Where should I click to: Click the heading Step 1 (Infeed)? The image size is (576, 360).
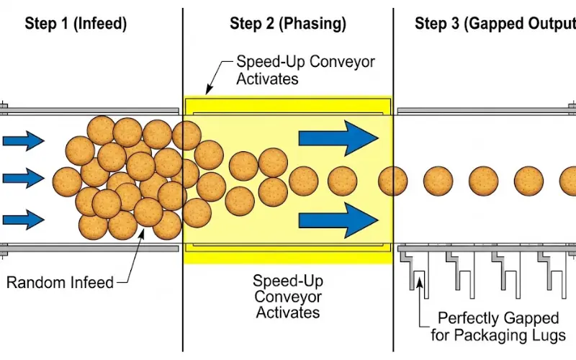(76, 23)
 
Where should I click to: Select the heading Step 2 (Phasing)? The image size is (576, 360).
(288, 23)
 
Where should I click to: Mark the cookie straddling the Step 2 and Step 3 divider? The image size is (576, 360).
(393, 181)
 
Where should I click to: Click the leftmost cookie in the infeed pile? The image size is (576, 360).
(68, 181)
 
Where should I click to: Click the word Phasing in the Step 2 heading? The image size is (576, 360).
(319, 23)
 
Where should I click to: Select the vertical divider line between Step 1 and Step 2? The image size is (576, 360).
(182, 302)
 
